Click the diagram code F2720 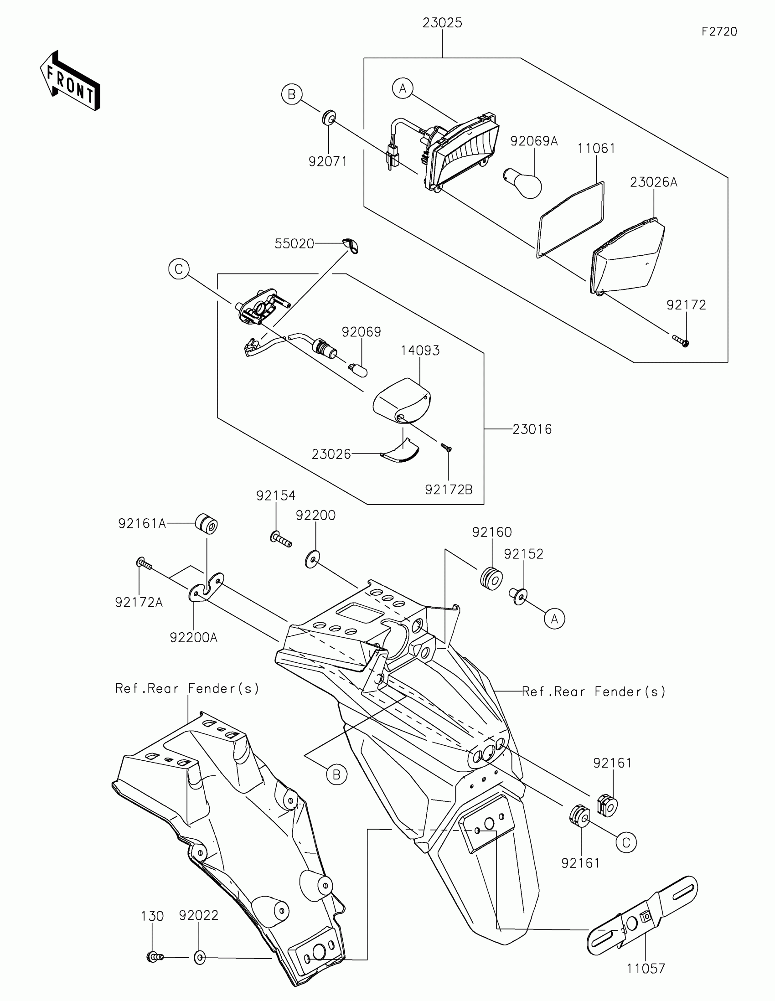[x=719, y=31]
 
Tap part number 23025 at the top [x=442, y=23]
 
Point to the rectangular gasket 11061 [x=570, y=219]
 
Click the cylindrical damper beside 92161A [x=207, y=524]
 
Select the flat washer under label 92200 [x=313, y=560]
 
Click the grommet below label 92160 [x=491, y=578]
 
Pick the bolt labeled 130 [x=154, y=957]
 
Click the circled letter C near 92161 [x=626, y=842]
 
